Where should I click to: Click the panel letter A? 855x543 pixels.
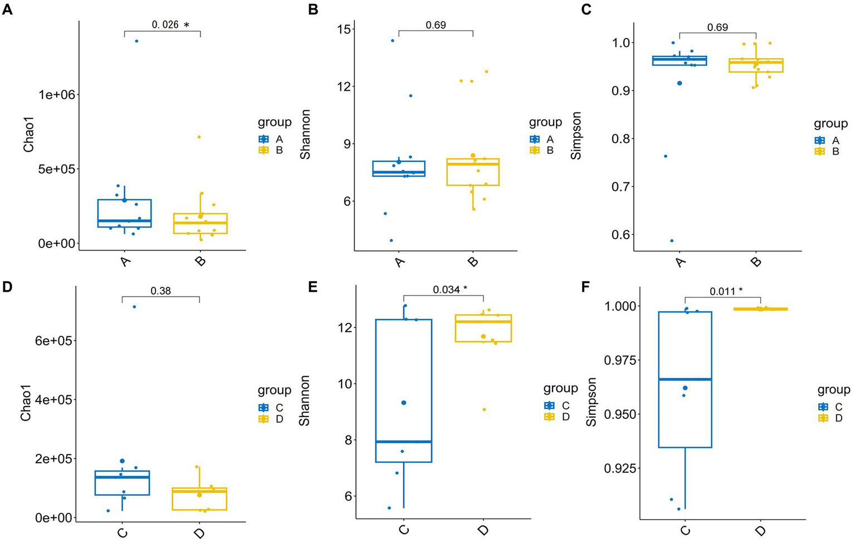pyautogui.click(x=7, y=10)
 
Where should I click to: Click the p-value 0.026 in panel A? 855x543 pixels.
pyautogui.click(x=165, y=25)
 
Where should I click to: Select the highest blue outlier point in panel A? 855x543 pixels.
pyautogui.click(x=136, y=41)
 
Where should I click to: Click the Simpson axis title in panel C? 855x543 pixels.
pyautogui.click(x=576, y=136)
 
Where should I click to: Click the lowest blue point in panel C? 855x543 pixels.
pyautogui.click(x=672, y=241)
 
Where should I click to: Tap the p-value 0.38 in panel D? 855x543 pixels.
pyautogui.click(x=160, y=290)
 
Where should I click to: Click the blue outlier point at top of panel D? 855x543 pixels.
pyautogui.click(x=134, y=307)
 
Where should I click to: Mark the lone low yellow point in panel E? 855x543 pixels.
pyautogui.click(x=484, y=409)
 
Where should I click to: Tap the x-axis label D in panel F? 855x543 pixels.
pyautogui.click(x=760, y=531)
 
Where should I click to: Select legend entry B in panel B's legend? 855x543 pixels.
pyautogui.click(x=550, y=150)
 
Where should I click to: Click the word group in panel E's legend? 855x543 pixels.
pyautogui.click(x=560, y=388)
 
